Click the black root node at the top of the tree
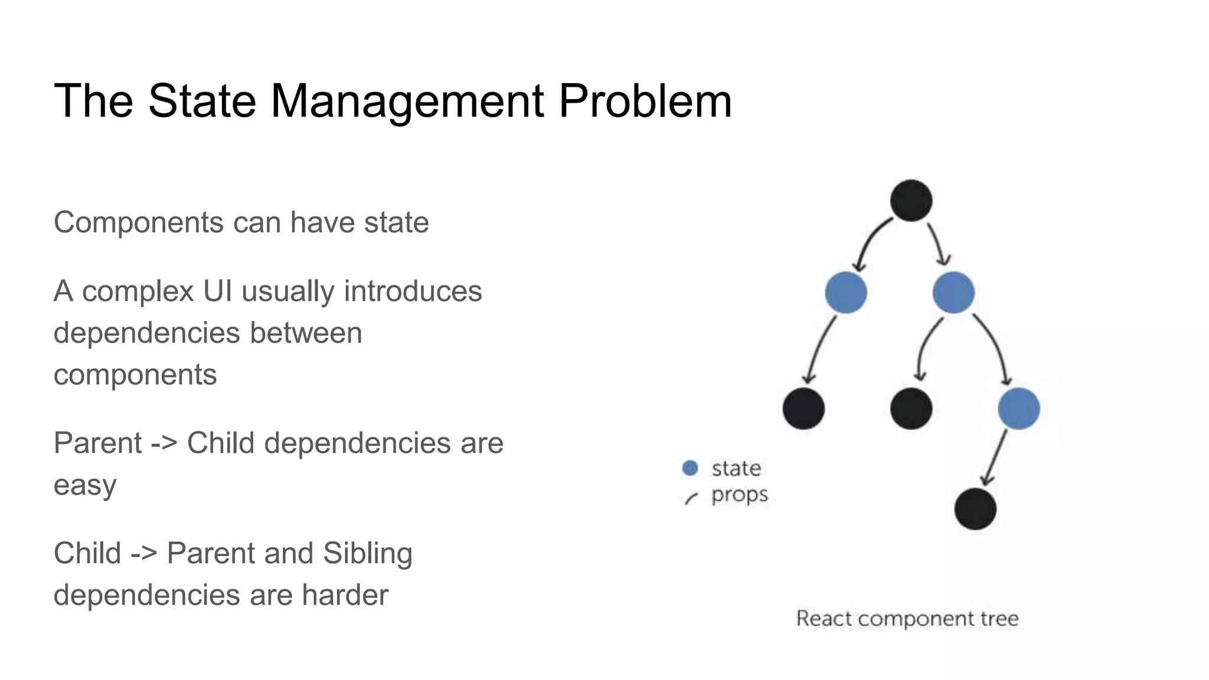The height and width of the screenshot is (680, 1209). click(911, 201)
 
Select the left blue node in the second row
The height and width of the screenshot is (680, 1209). click(846, 292)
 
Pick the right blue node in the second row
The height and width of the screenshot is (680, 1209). click(953, 292)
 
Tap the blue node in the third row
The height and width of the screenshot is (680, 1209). click(1019, 408)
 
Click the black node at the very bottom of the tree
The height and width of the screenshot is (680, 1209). click(975, 509)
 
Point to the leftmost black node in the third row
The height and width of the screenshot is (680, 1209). click(803, 408)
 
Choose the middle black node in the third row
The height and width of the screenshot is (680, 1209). click(911, 408)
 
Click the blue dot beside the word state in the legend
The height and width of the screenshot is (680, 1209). click(690, 468)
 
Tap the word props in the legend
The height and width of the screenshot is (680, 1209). click(739, 495)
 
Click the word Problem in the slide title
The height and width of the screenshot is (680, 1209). click(645, 101)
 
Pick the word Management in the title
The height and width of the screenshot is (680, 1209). click(407, 101)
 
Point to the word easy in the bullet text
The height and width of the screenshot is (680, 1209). click(85, 485)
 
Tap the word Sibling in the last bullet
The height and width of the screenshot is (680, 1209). click(367, 554)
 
